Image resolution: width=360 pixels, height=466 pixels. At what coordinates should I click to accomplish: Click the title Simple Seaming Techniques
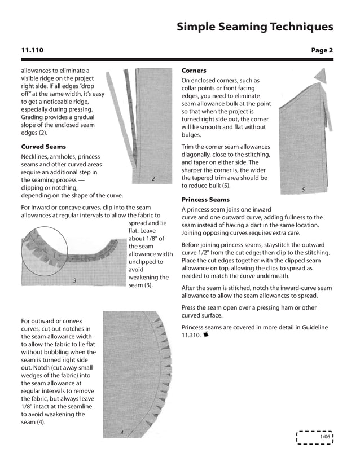point(254,27)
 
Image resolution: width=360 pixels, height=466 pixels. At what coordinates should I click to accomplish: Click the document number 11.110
point(32,50)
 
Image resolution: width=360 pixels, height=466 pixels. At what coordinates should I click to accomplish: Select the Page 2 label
point(322,50)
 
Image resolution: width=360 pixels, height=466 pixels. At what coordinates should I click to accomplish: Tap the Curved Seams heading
point(43,147)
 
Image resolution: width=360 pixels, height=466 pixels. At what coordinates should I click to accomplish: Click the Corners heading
point(194,71)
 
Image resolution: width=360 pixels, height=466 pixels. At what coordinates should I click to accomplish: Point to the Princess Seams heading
point(205,200)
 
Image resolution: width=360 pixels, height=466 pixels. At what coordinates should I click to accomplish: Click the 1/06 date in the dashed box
point(324,438)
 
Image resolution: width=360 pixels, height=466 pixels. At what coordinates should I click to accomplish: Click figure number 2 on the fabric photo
point(153,179)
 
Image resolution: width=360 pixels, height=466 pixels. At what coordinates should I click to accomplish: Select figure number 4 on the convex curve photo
point(121,433)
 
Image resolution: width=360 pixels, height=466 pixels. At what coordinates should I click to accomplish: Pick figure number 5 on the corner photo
point(303,190)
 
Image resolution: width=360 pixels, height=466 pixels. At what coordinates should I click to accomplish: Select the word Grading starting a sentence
point(34,116)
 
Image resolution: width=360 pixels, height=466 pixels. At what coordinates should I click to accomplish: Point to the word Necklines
point(37,156)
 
